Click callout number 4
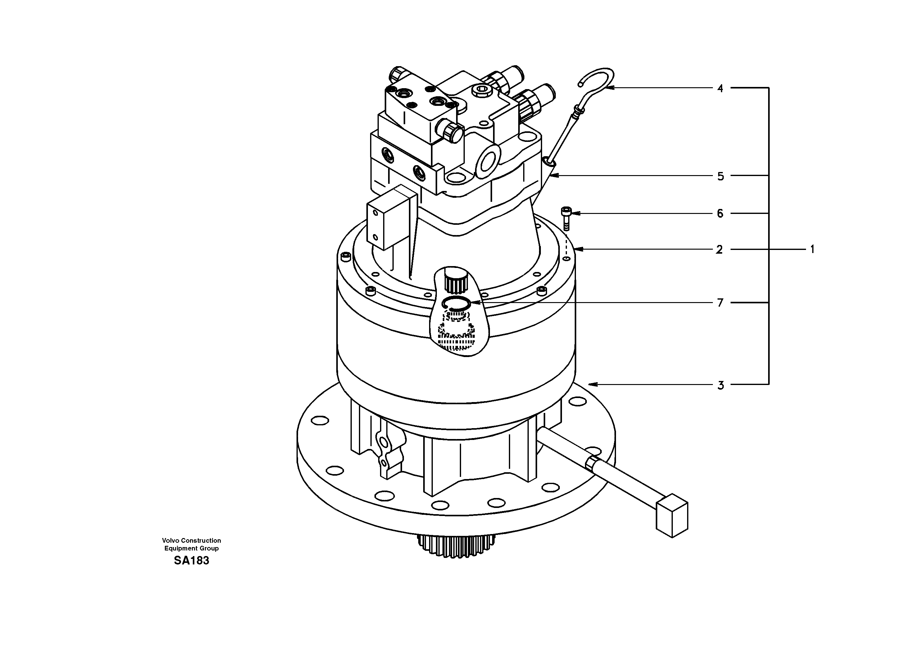pyautogui.click(x=720, y=88)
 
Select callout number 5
pyautogui.click(x=720, y=176)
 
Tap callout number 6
pyautogui.click(x=720, y=214)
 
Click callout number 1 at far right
pyautogui.click(x=812, y=250)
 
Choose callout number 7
pyautogui.click(x=720, y=303)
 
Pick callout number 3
pyautogui.click(x=720, y=386)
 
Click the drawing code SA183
pyautogui.click(x=192, y=561)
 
